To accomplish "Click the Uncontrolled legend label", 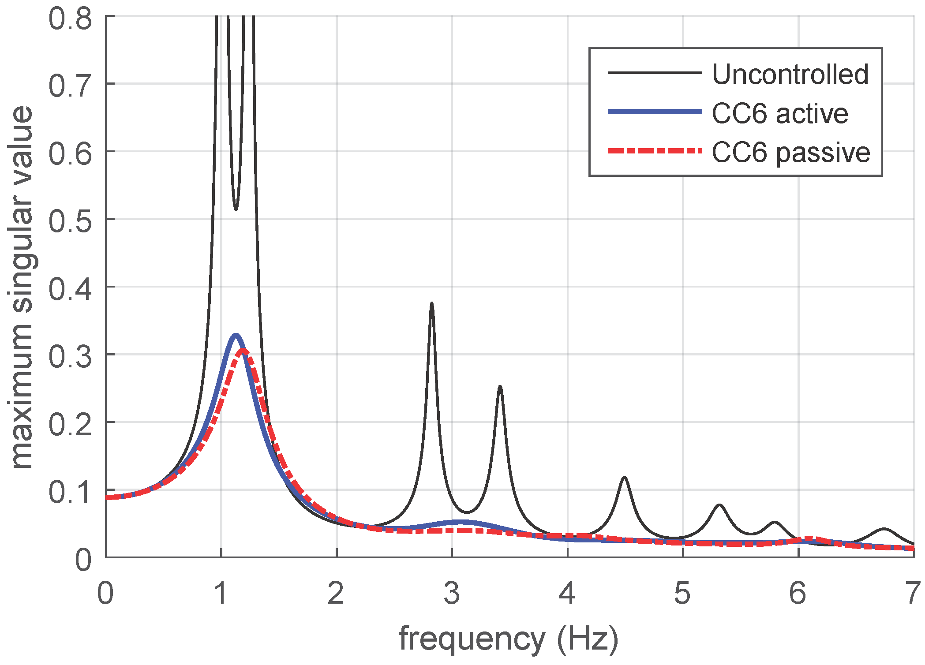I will (790, 74).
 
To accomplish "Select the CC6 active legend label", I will (780, 113).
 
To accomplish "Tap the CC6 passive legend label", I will (791, 153).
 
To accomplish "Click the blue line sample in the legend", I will (655, 112).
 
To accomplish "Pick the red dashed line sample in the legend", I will (655, 151).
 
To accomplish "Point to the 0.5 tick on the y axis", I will (71, 220).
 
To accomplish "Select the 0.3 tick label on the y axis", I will (71, 355).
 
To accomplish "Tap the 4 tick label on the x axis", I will (567, 593).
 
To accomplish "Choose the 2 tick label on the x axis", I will (336, 593).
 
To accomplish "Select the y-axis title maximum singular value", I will (22, 287).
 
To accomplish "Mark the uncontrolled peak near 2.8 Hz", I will (432, 303).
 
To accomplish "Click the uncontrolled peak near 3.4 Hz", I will (500, 387).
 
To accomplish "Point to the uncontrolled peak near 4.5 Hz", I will (624, 477).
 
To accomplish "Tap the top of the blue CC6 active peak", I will (236, 335).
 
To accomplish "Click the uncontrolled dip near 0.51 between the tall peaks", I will (236, 209).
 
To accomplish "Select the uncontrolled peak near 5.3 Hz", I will (719, 504).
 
